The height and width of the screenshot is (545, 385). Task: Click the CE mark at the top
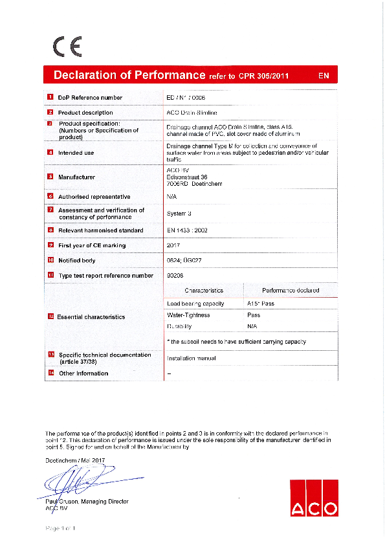(x=67, y=47)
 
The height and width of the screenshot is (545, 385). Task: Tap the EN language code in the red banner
(x=324, y=76)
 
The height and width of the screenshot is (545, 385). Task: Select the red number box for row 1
(x=50, y=97)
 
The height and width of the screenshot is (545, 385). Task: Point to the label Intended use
(x=76, y=153)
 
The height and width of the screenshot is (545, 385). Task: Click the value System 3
(x=179, y=213)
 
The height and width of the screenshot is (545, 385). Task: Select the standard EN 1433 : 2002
(x=187, y=230)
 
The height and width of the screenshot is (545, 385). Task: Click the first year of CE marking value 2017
(x=173, y=245)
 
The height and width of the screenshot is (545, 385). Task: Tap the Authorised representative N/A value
(x=172, y=196)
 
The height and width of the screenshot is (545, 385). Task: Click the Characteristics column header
(x=204, y=291)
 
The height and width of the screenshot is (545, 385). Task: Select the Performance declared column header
(x=290, y=291)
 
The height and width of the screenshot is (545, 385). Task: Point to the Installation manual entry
(x=191, y=358)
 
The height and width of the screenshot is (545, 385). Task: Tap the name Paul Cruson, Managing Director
(x=87, y=502)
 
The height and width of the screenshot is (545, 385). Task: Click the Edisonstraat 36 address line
(x=187, y=177)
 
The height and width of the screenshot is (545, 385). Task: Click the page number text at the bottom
(x=60, y=529)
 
